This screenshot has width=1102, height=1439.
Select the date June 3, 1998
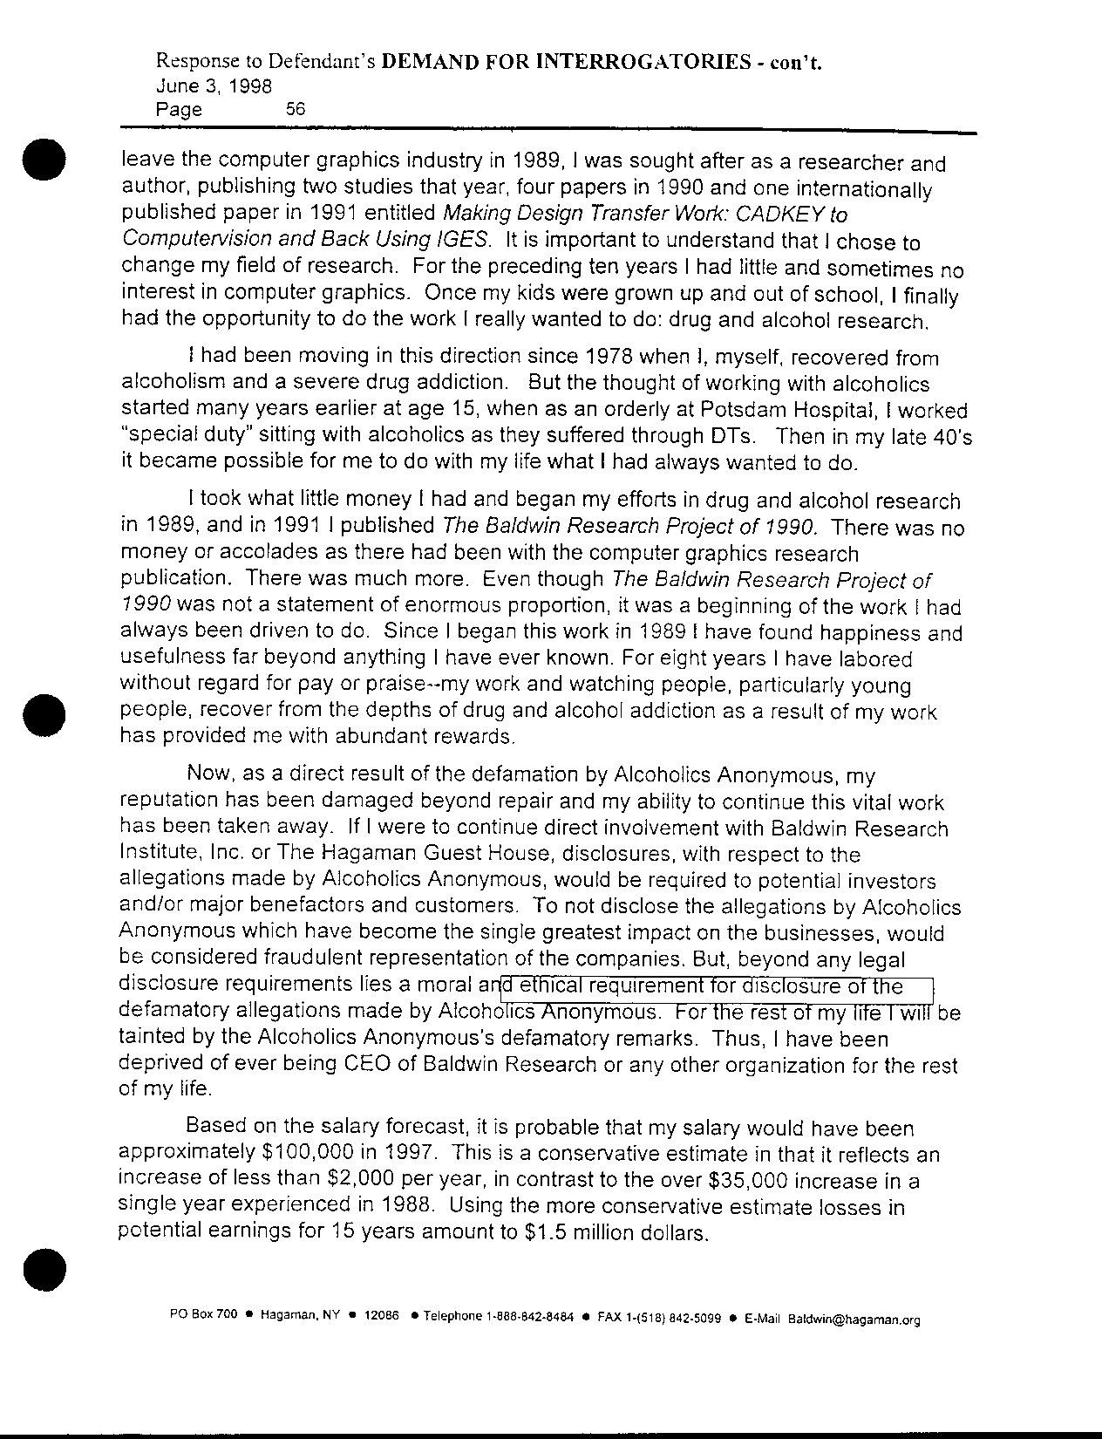213,86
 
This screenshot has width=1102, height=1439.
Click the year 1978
609,358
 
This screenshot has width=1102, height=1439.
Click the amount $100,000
309,1155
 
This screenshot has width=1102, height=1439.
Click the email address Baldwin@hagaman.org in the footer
854,1320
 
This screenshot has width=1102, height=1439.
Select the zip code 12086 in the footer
381,1319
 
